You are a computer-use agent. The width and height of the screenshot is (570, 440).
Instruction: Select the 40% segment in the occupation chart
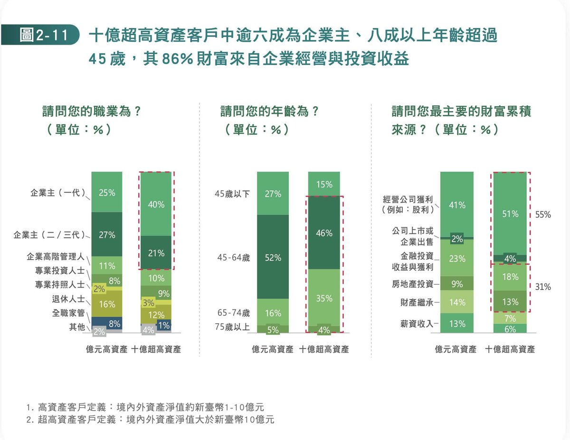click(156, 204)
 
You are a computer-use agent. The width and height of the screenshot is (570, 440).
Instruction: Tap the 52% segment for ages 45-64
click(273, 257)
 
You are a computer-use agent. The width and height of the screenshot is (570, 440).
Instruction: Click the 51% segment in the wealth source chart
click(510, 214)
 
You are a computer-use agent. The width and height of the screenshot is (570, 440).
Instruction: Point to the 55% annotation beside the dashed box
click(543, 215)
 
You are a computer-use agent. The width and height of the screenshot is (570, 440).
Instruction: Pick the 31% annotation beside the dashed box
click(543, 287)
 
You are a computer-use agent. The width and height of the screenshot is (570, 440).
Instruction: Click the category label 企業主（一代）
click(58, 193)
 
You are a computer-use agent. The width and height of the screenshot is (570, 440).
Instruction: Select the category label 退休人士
click(68, 299)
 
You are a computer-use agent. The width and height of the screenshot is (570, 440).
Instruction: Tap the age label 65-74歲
click(233, 313)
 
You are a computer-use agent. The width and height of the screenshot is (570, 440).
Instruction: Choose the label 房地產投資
click(412, 284)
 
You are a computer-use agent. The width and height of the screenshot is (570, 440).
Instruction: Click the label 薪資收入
click(417, 324)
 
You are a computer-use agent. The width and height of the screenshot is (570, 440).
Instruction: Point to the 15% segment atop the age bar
click(324, 184)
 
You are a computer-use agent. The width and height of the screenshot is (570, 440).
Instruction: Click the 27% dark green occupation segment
click(107, 234)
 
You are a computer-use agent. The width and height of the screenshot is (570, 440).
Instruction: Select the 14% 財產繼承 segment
click(457, 302)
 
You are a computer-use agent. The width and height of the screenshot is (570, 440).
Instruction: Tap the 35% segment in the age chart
click(324, 298)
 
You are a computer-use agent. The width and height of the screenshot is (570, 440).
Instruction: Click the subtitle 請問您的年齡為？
click(269, 112)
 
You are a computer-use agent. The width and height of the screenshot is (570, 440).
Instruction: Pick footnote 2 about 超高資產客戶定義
click(150, 419)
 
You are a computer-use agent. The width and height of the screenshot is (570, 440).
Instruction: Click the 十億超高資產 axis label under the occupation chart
click(156, 349)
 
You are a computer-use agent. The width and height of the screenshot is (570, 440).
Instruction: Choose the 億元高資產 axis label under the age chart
click(273, 349)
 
